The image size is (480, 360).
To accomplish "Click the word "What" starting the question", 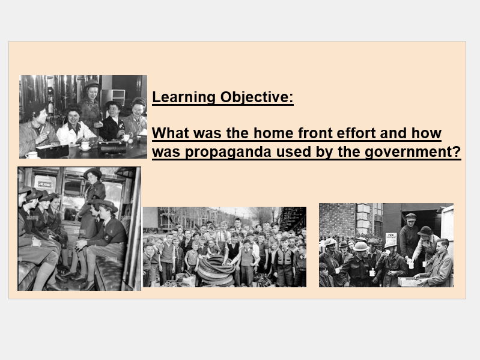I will tap(172, 133).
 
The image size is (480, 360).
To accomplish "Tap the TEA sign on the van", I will tap(391, 237).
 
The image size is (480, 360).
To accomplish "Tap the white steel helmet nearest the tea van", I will tap(391, 245).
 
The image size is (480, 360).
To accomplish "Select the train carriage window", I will tap(69, 192).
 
